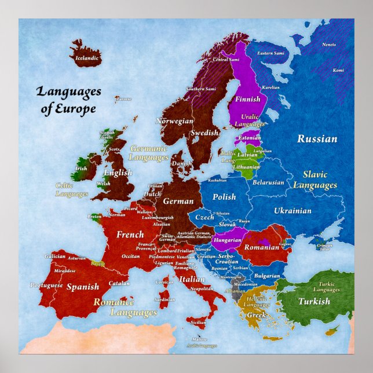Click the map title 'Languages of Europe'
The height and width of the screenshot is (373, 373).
coord(68,100)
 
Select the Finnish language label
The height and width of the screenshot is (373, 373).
coord(247,99)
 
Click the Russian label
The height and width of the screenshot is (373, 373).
coord(317,139)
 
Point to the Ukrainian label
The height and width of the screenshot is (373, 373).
coord(292,211)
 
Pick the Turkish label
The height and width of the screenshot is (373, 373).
coord(314,301)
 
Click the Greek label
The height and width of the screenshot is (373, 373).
coord(256,315)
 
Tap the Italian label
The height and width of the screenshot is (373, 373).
coord(192,279)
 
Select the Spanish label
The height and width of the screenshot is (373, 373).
coord(83,287)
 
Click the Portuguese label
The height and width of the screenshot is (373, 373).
coord(46,285)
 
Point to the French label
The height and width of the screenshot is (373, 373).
coord(130,235)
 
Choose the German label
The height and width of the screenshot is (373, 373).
coord(178,201)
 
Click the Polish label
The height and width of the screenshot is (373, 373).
coord(224,197)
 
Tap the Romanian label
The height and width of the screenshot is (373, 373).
coord(261,247)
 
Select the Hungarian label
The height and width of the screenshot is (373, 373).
coord(227,240)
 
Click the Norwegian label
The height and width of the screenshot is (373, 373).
coord(174,122)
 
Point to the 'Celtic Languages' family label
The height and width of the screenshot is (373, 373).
coord(72,190)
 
